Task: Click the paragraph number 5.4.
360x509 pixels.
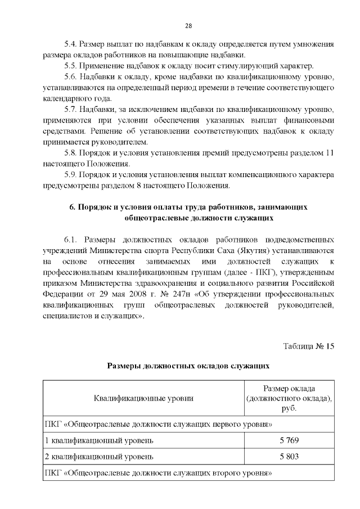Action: point(70,44)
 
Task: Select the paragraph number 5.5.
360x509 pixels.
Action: point(70,66)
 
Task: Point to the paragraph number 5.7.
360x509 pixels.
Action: point(70,109)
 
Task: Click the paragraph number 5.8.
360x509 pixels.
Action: point(70,152)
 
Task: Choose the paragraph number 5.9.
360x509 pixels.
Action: point(70,174)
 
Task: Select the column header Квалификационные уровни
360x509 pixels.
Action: point(143,398)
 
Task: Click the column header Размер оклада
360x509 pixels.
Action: point(289,389)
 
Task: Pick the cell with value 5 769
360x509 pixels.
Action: point(289,439)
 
